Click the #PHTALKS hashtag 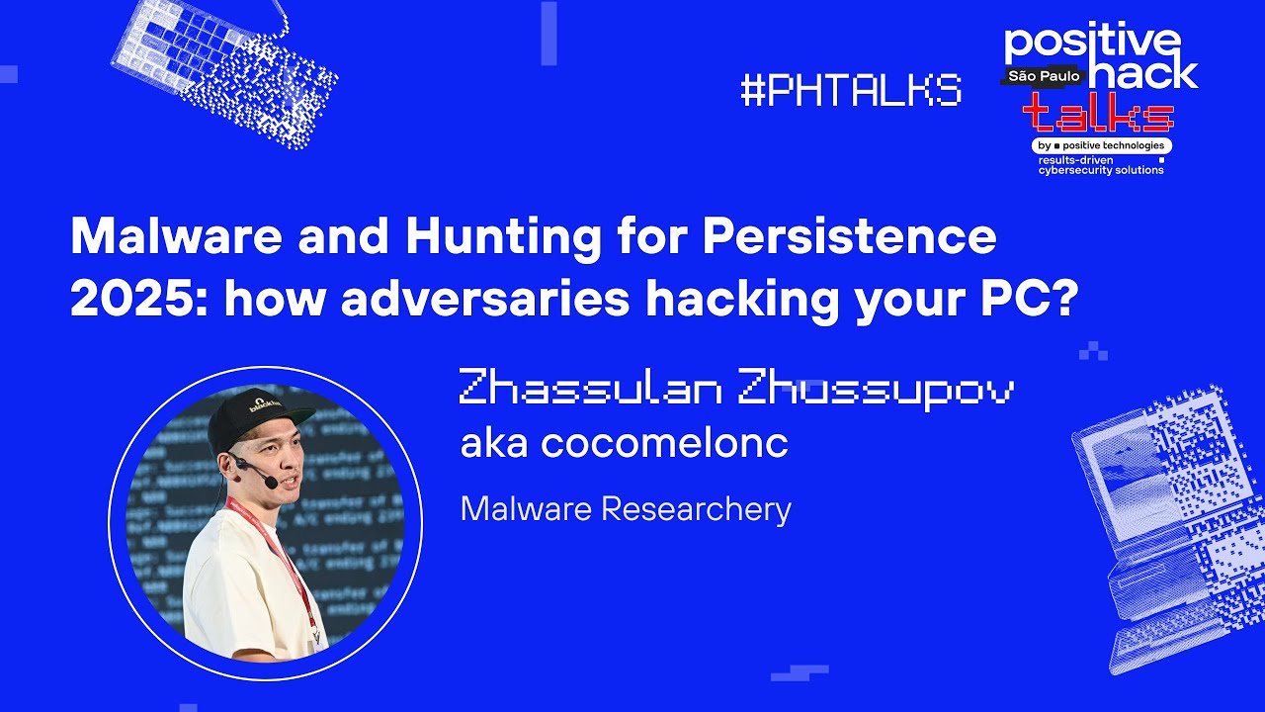pyautogui.click(x=850, y=91)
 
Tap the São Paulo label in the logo pyautogui.click(x=1044, y=75)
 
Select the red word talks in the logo pyautogui.click(x=1098, y=115)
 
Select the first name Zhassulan pyautogui.click(x=590, y=389)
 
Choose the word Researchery pyautogui.click(x=696, y=509)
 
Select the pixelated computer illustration pyautogui.click(x=1166, y=524)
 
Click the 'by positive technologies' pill pyautogui.click(x=1102, y=146)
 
